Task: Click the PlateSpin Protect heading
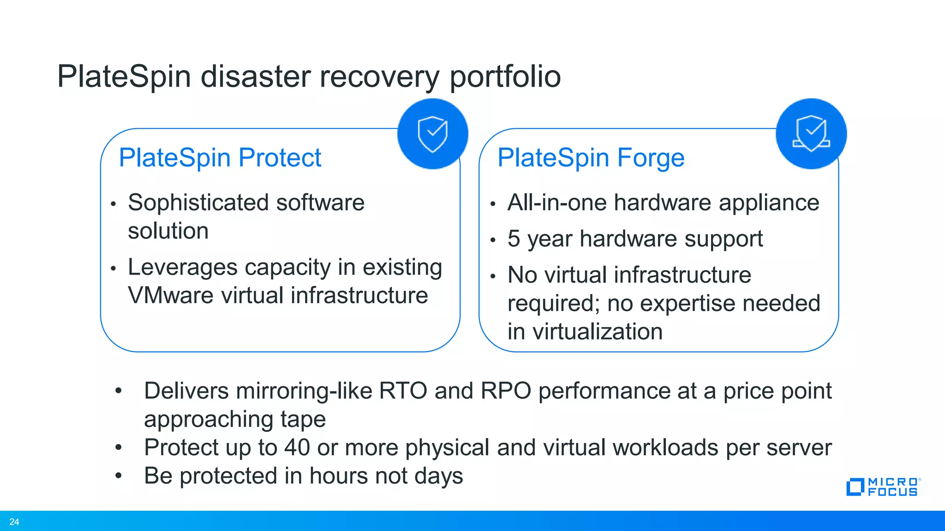220,158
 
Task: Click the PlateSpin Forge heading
591,158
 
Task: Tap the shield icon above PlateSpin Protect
432,134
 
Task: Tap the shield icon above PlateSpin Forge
811,134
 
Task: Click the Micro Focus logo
883,487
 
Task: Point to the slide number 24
14,522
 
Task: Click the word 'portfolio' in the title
505,77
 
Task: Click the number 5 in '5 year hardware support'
514,239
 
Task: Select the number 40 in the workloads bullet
297,448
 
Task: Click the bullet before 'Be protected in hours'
119,476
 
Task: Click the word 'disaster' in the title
256,77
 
